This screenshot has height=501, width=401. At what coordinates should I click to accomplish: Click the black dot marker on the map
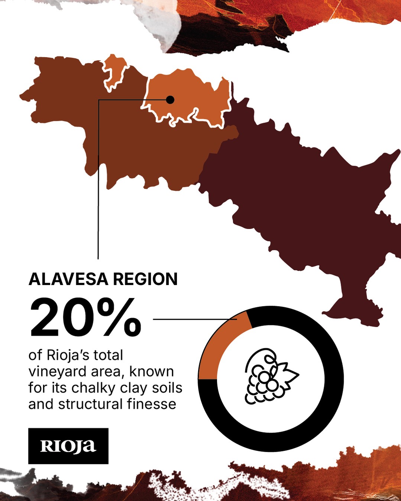170,100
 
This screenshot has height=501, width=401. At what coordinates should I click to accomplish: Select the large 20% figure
85,318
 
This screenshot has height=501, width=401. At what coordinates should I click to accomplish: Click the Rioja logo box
68,446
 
